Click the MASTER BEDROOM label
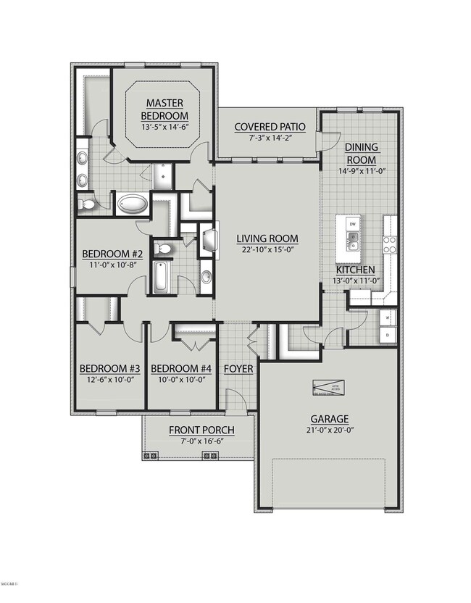point(164,109)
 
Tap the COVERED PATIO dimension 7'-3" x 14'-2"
point(270,138)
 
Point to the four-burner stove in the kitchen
point(389,245)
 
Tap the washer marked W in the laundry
point(388,317)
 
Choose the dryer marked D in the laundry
point(388,336)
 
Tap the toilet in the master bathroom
point(87,205)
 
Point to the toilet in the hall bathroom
point(165,250)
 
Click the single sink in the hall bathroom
point(206,277)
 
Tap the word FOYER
point(238,369)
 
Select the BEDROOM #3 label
point(109,369)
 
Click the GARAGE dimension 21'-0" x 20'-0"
point(330,431)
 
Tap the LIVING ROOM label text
point(267,238)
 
